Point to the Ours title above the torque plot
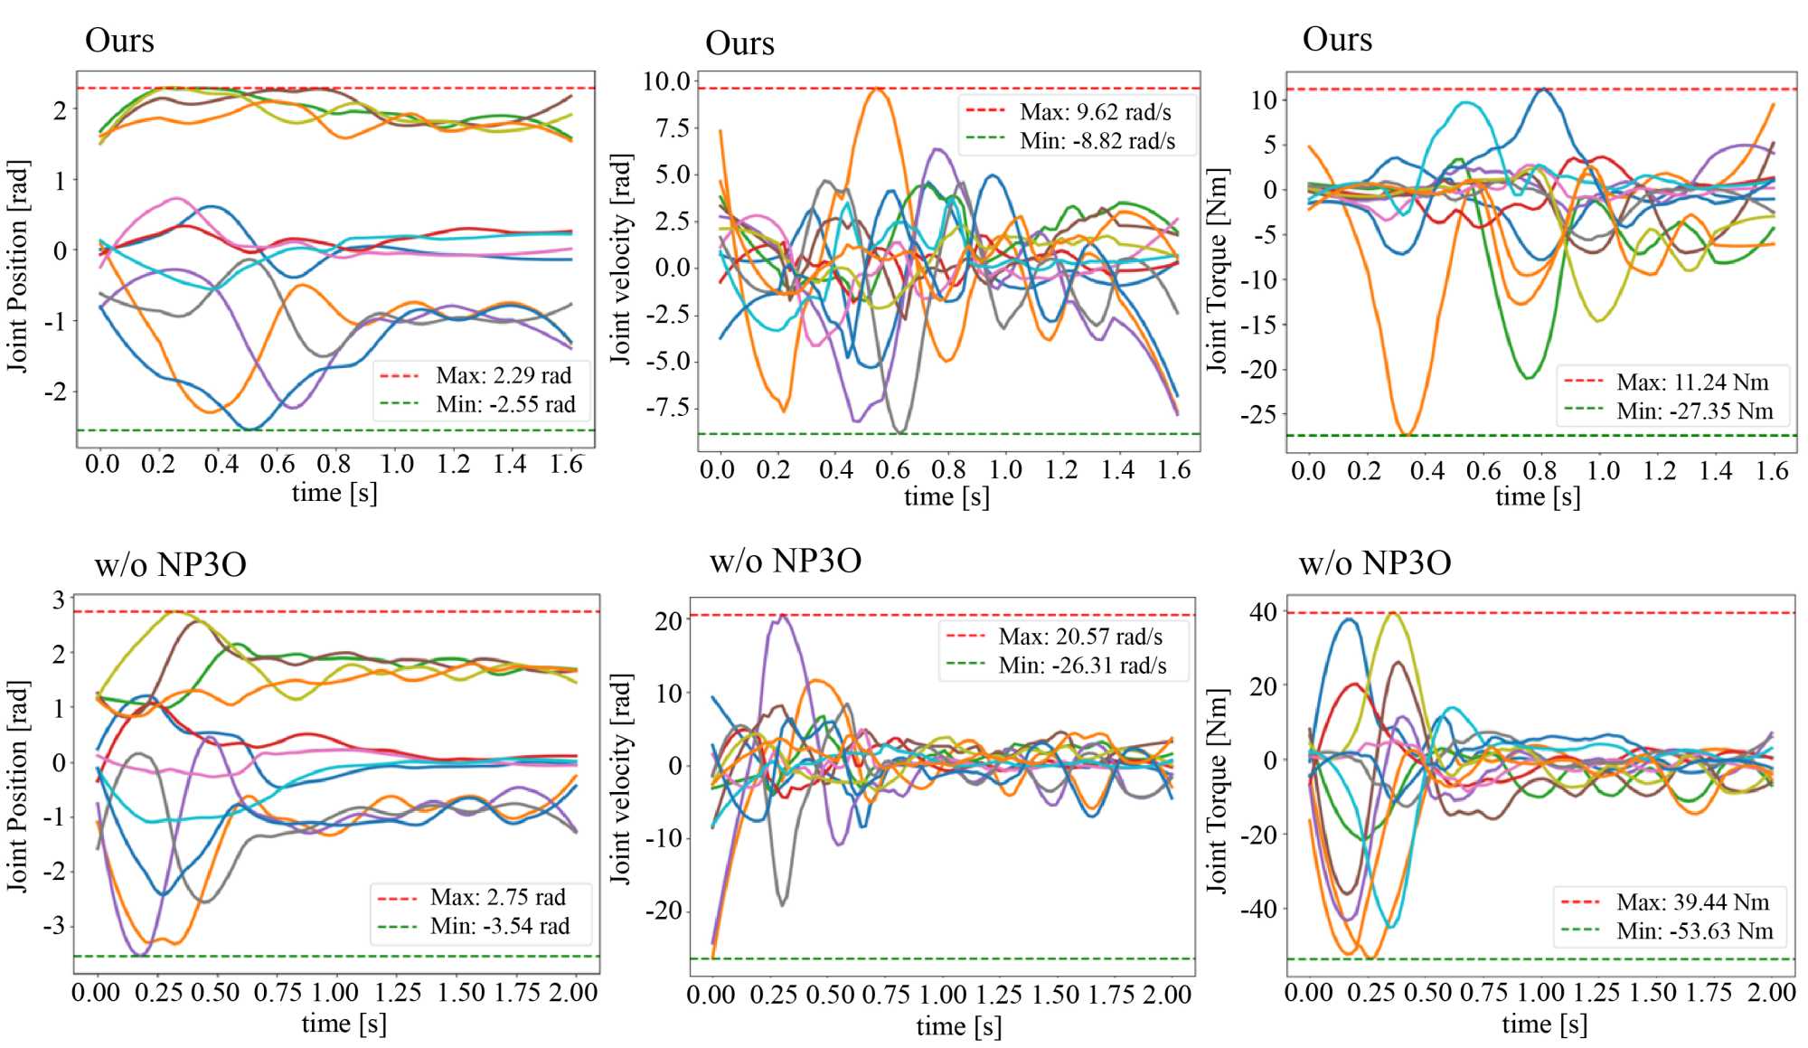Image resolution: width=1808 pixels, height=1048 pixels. [x=1337, y=40]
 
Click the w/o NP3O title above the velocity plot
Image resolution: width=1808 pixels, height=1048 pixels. [x=785, y=562]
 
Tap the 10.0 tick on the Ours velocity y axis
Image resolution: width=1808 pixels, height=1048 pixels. [x=666, y=81]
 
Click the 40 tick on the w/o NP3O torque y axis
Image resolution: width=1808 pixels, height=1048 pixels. [x=1263, y=612]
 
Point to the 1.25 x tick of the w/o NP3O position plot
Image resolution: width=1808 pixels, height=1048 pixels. [x=398, y=992]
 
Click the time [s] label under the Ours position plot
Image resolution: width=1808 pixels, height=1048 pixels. [x=334, y=493]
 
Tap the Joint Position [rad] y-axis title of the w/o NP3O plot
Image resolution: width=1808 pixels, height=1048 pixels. [x=17, y=787]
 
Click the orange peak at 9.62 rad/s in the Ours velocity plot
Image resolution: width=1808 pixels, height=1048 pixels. [x=875, y=89]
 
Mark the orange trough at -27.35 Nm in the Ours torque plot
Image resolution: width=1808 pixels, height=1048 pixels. [x=1407, y=434]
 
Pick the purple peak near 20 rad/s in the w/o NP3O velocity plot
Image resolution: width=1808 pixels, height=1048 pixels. [x=783, y=616]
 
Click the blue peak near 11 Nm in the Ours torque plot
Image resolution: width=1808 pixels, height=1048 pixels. [x=1544, y=90]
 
